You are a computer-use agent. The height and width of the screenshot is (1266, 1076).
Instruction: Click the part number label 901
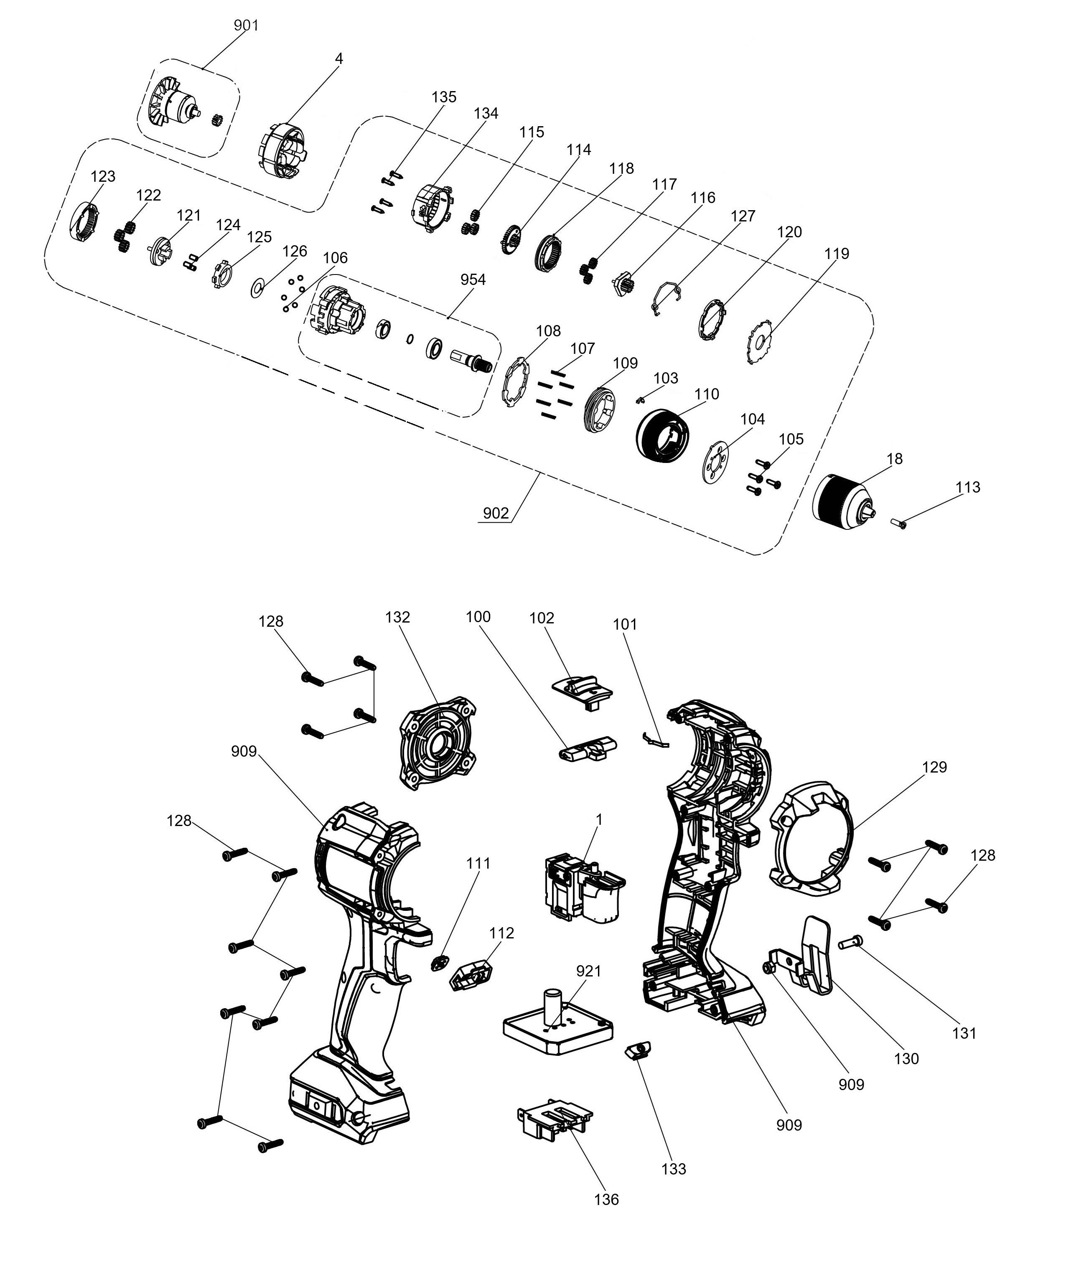(x=247, y=25)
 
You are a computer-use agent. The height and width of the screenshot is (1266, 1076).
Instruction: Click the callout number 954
(x=473, y=280)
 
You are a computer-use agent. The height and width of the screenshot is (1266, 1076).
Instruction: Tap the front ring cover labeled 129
(x=811, y=839)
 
